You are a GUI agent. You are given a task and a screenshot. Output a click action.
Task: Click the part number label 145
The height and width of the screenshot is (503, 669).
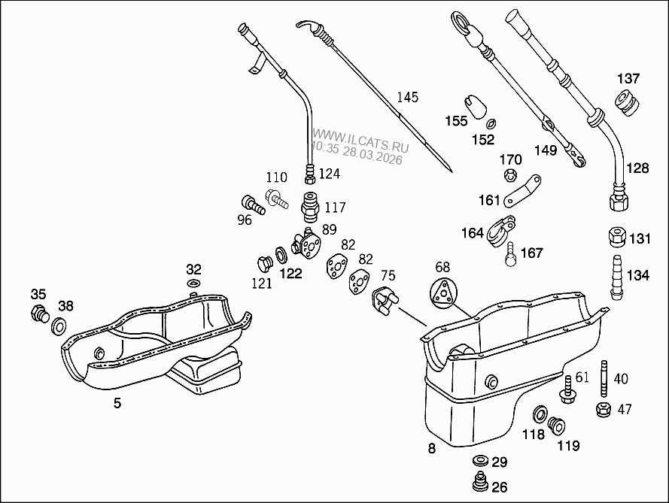coord(407,97)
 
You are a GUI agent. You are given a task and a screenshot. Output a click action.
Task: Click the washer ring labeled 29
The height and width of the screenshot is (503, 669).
coord(479,461)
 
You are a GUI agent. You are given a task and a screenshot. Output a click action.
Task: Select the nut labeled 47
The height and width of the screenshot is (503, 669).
coord(602,410)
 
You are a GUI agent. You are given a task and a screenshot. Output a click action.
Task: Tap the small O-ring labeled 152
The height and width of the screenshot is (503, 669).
coord(491,124)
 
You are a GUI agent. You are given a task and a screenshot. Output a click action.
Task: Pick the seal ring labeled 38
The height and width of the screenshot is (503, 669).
coord(58,326)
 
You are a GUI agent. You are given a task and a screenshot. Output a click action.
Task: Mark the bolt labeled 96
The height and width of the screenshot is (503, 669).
coord(251,204)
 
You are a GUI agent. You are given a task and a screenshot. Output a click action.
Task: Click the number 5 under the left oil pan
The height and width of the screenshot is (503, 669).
coord(117,403)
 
